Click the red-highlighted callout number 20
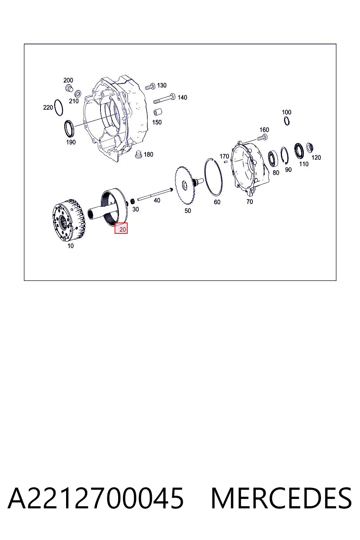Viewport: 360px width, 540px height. [x=121, y=228]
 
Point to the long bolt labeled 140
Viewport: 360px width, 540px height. [x=165, y=98]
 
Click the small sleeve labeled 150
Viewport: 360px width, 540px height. [x=158, y=112]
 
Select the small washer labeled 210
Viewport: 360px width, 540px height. [x=78, y=93]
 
